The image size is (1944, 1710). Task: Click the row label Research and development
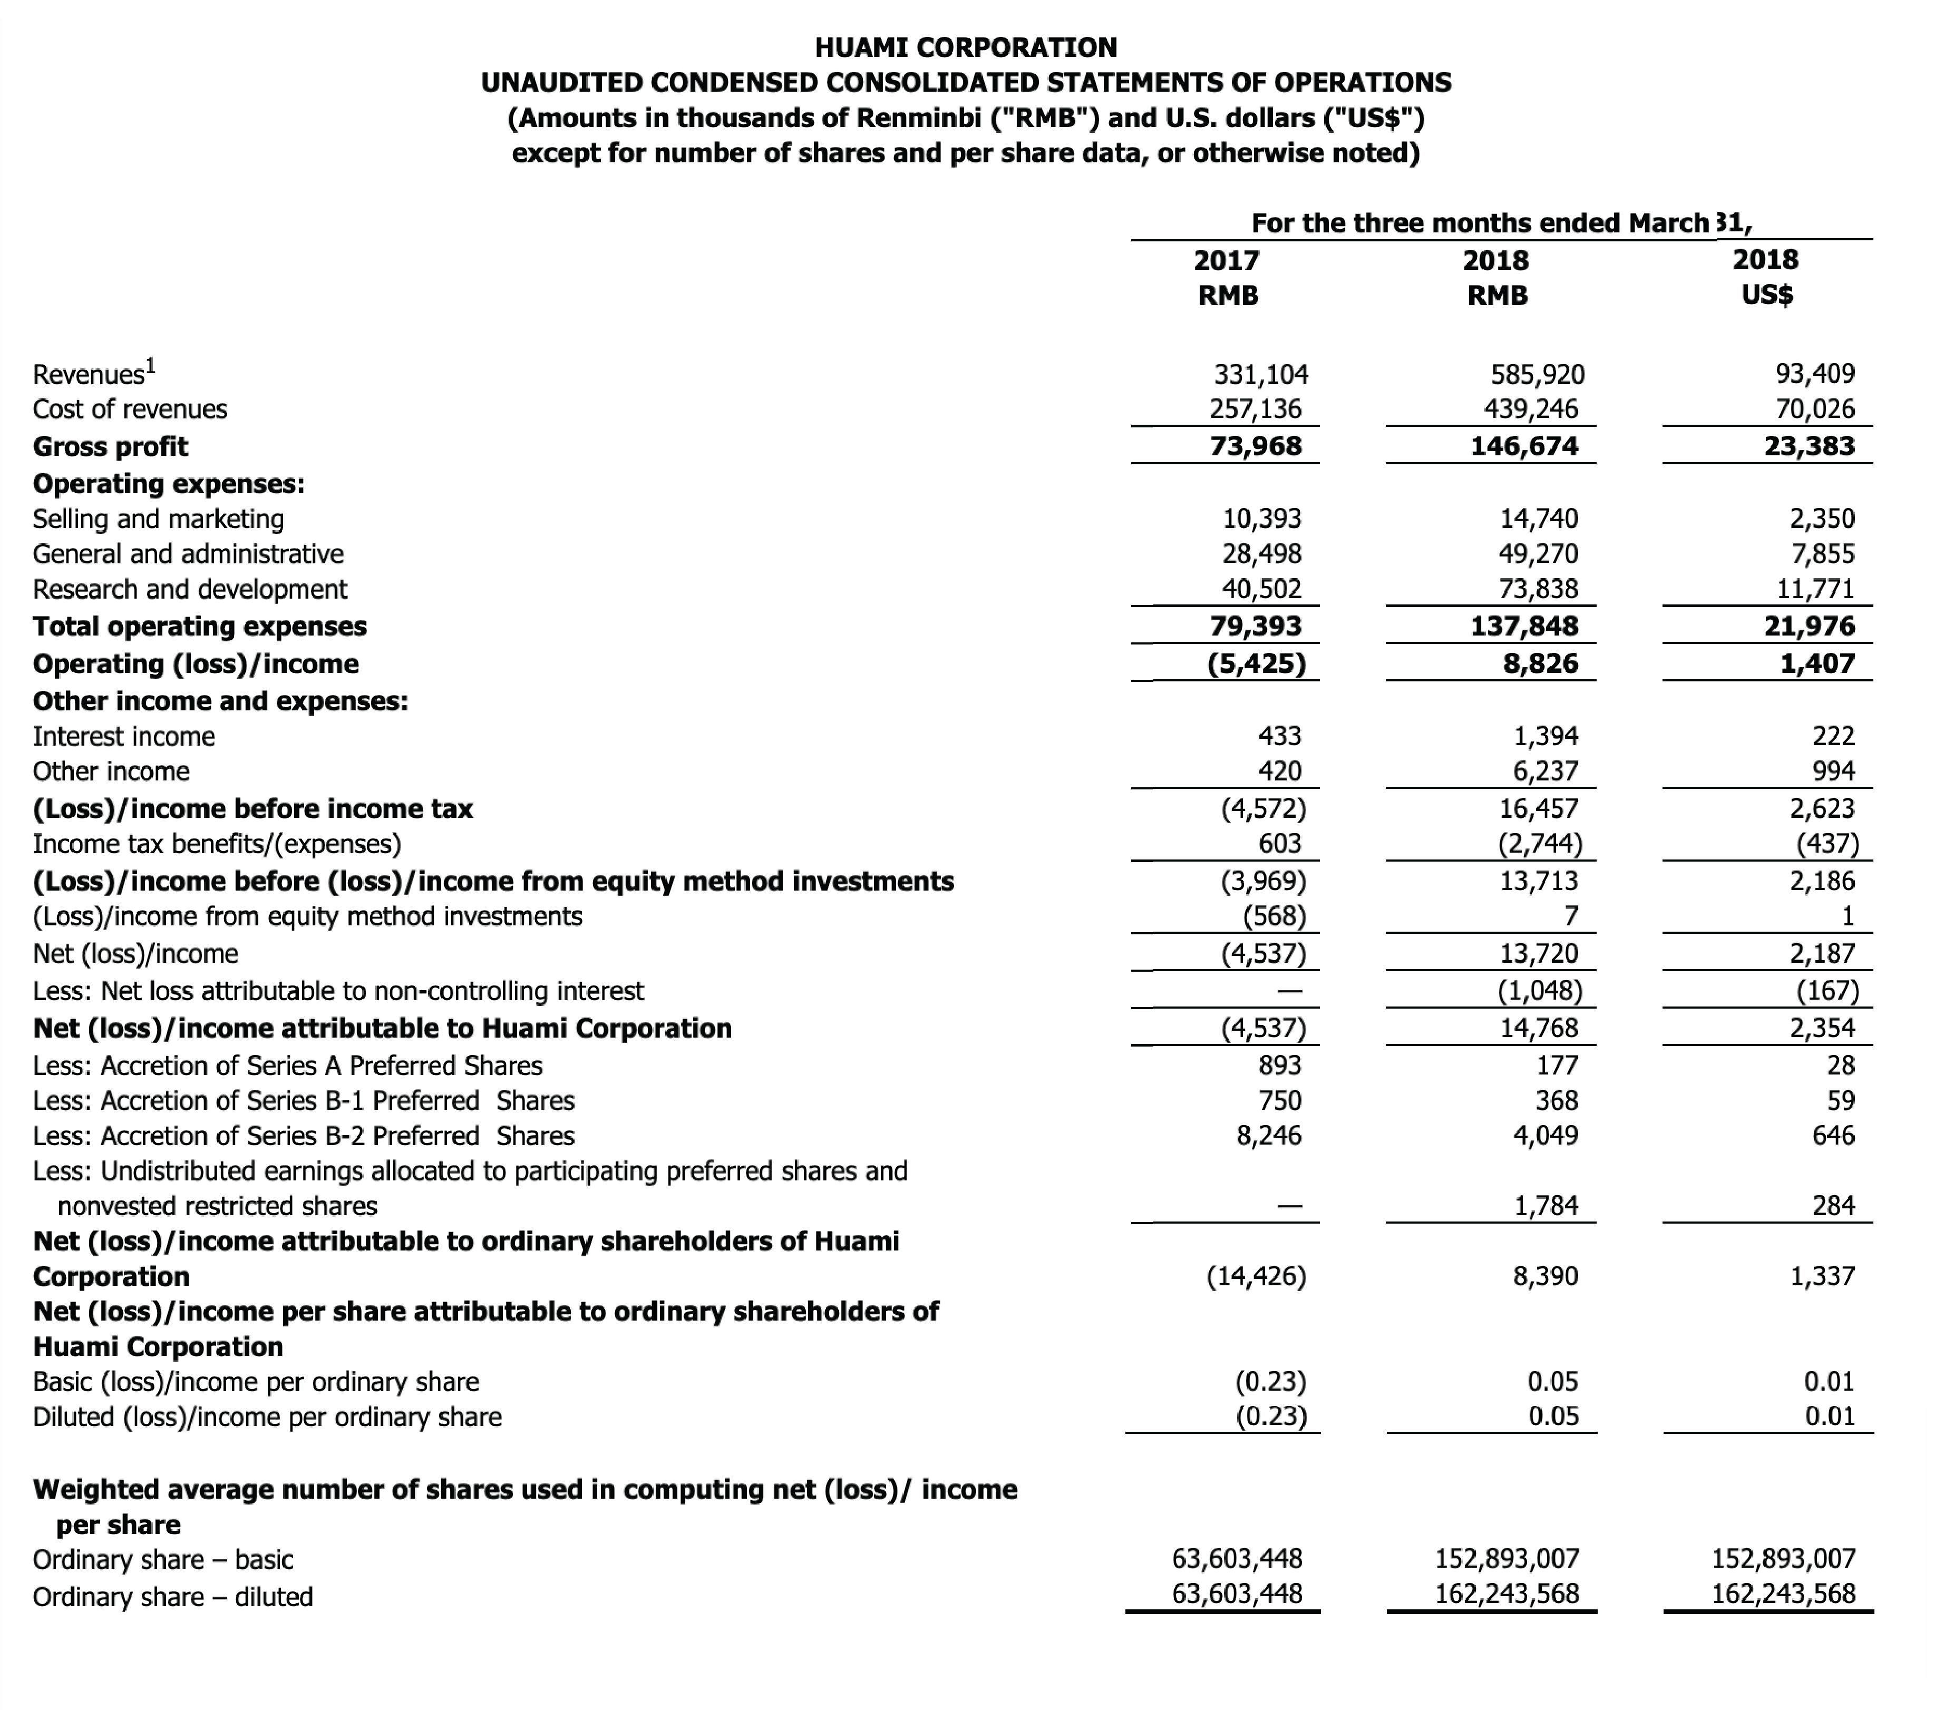coord(190,590)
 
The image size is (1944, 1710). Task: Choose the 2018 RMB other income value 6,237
coord(1546,771)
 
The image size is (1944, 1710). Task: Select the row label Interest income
coord(124,736)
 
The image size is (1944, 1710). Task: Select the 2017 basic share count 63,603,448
coord(1237,1559)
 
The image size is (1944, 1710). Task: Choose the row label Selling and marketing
coord(158,519)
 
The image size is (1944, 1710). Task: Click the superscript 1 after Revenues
coord(150,364)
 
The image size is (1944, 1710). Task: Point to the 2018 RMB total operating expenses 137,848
coord(1523,626)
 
